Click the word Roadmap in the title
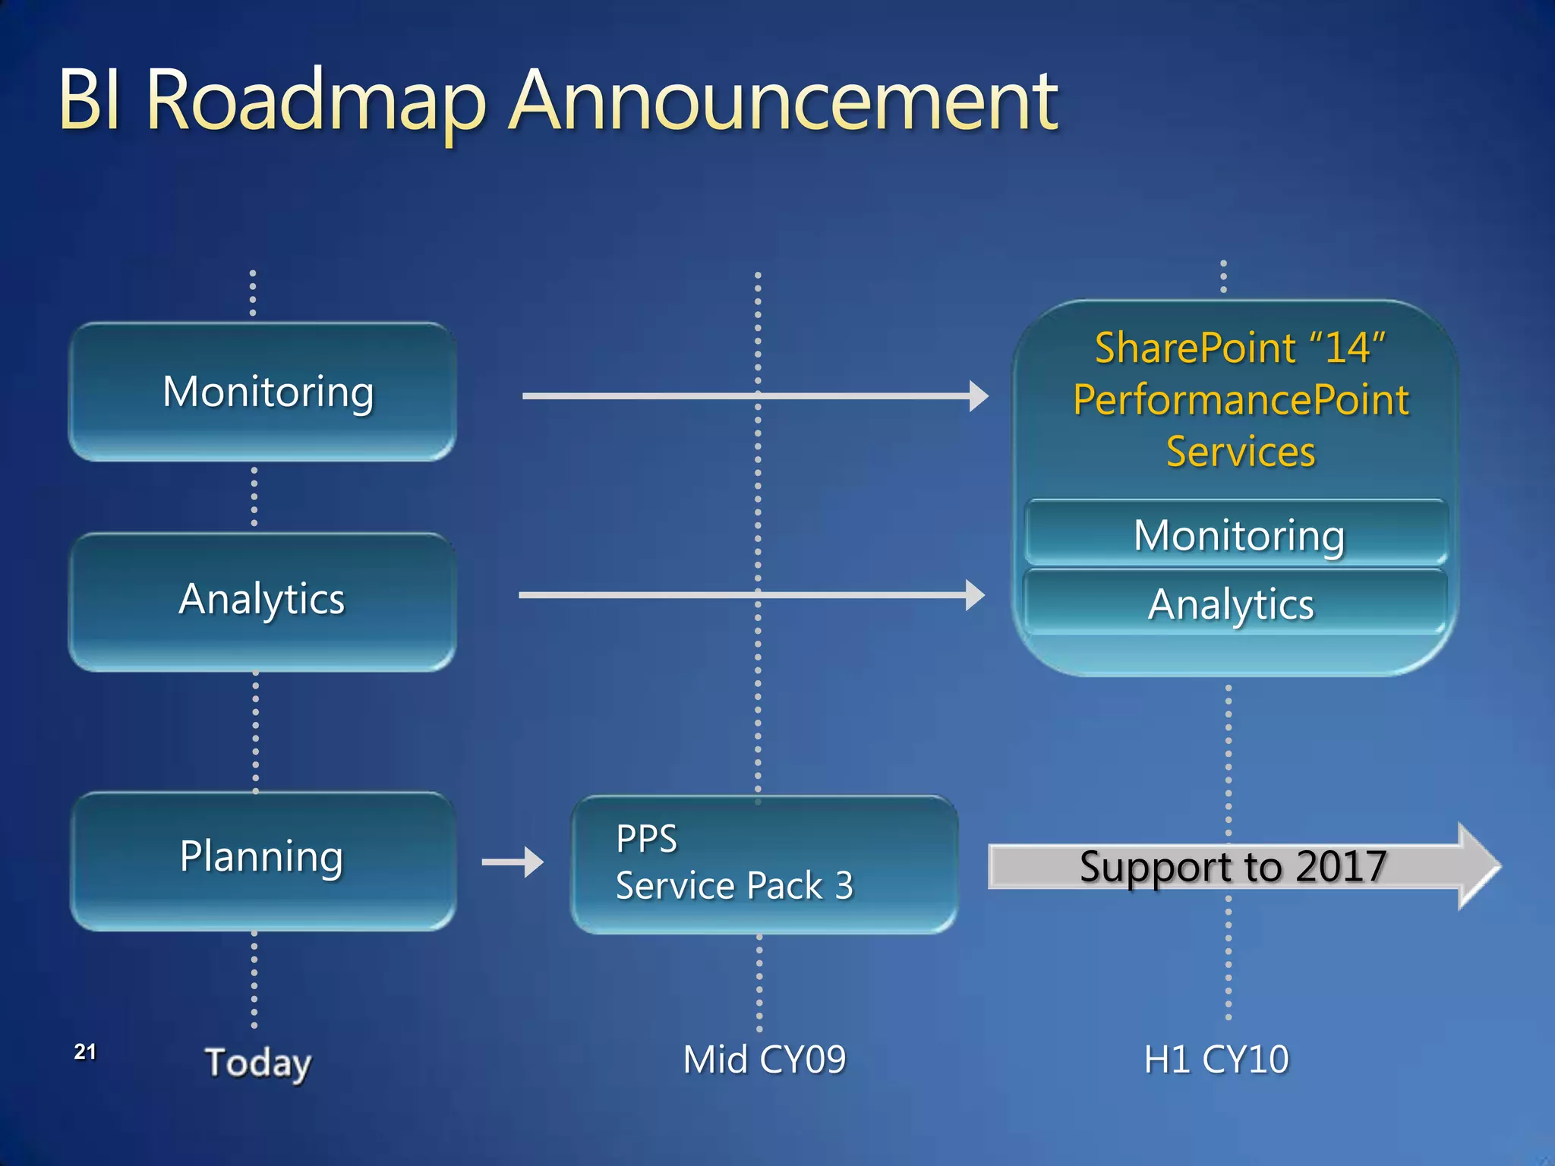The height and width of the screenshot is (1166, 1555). click(315, 101)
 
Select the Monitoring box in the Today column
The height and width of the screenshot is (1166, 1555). click(263, 392)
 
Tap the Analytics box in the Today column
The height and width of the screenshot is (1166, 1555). click(263, 600)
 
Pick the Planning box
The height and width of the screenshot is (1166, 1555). click(263, 858)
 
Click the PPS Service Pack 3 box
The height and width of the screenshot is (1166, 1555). click(763, 864)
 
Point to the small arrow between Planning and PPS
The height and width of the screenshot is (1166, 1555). click(513, 862)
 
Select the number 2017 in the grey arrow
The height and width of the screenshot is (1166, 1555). click(1342, 866)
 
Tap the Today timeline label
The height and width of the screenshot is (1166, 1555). click(258, 1062)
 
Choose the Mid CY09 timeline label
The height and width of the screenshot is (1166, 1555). click(764, 1060)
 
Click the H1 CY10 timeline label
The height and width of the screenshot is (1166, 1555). click(1216, 1060)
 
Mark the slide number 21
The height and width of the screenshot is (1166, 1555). click(85, 1051)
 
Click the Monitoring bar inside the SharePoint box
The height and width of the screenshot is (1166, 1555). click(1238, 535)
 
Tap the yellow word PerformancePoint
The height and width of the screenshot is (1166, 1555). click(1241, 400)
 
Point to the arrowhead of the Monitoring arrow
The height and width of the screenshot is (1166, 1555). click(979, 395)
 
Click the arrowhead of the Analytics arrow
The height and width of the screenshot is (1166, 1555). click(975, 595)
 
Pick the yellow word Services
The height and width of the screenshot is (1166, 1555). click(1240, 452)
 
